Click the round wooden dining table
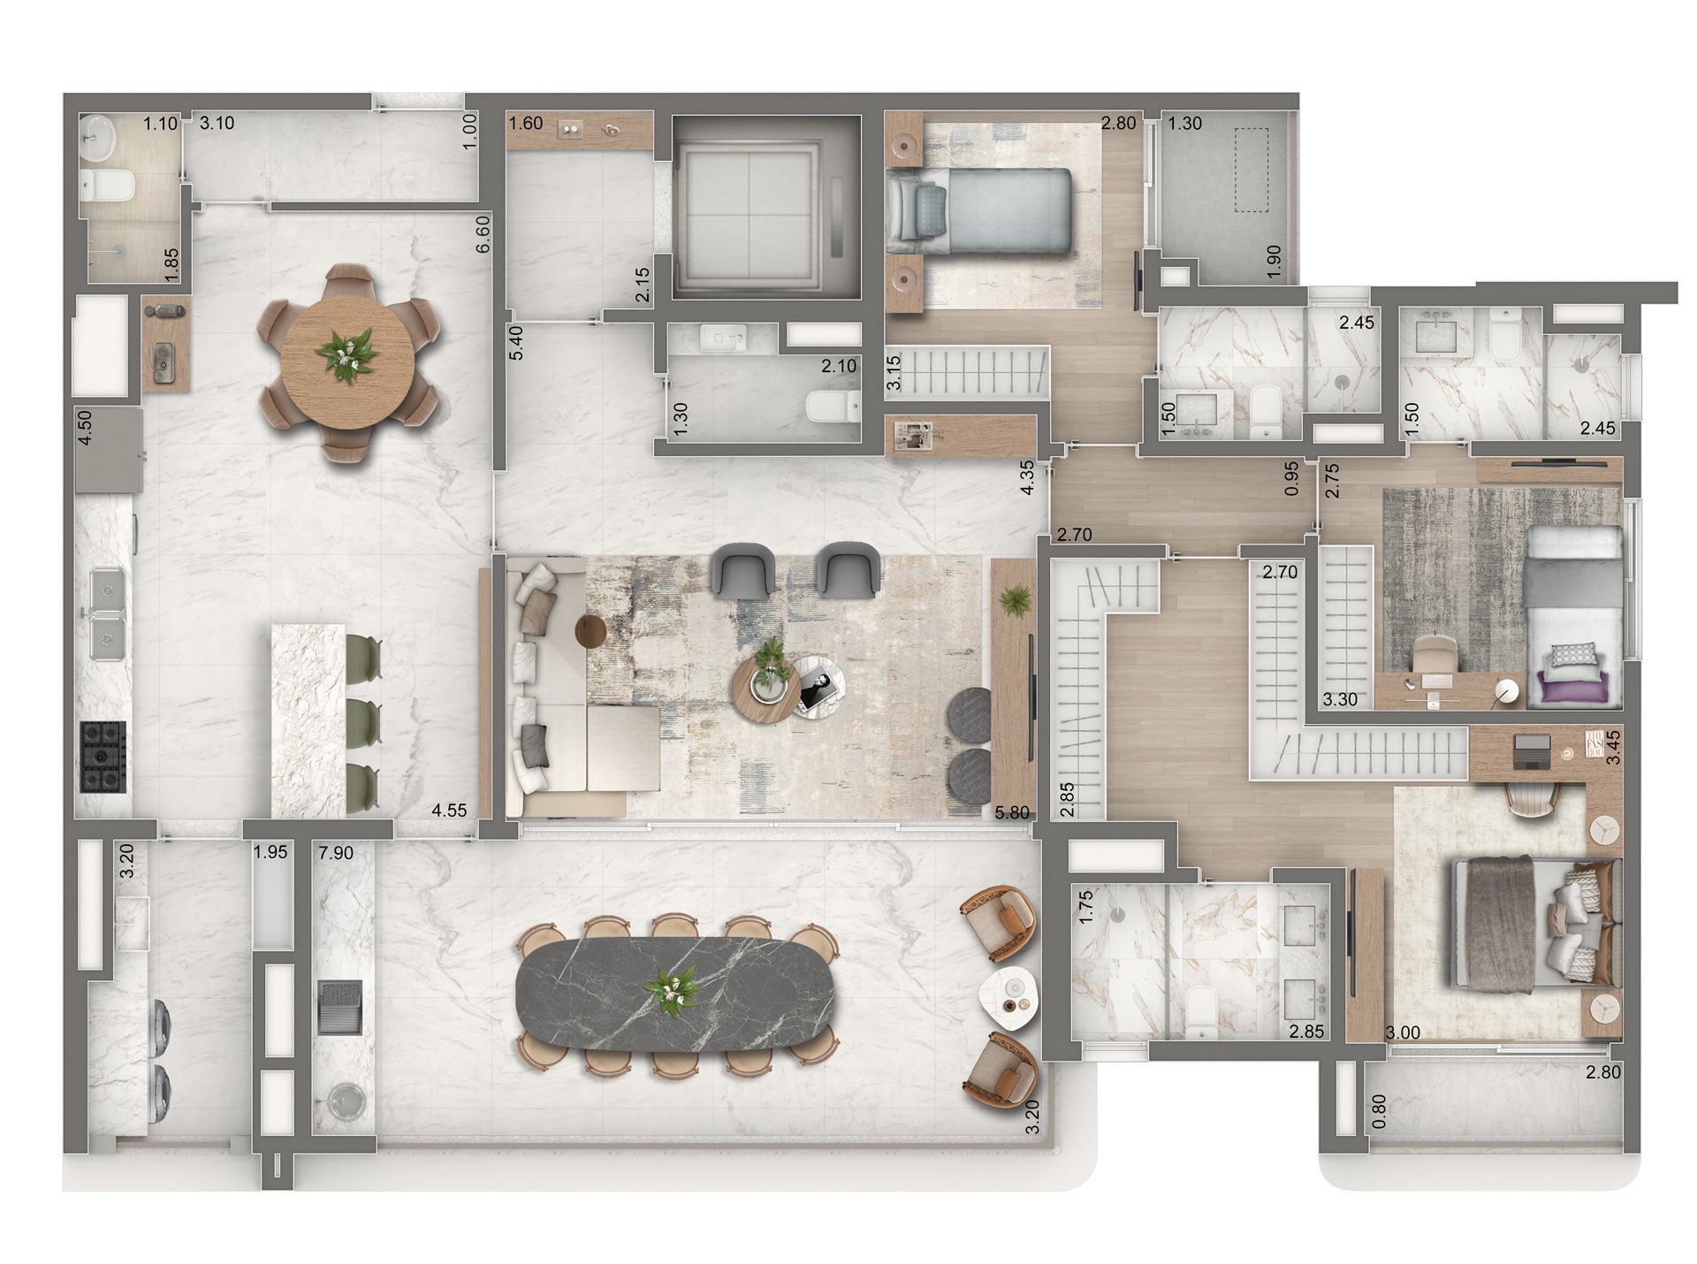click(348, 362)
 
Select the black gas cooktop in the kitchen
click(103, 757)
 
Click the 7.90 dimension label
click(335, 853)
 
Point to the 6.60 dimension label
click(483, 235)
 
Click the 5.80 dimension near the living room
click(1013, 812)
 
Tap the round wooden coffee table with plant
click(766, 690)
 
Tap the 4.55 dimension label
click(449, 811)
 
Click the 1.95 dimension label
click(270, 853)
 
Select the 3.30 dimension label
click(1340, 701)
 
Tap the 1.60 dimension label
click(526, 123)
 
